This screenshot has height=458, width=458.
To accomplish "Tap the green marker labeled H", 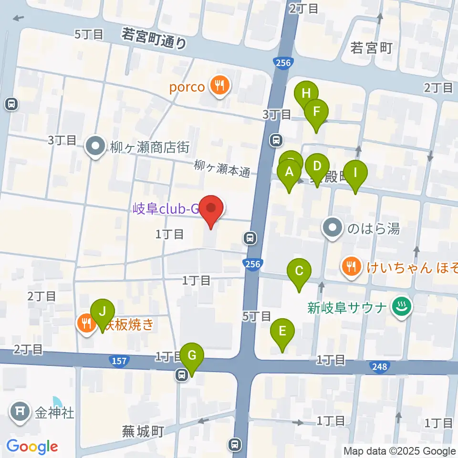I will [306, 94].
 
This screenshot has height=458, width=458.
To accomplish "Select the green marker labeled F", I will [316, 112].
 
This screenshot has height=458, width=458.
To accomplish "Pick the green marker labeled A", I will [289, 172].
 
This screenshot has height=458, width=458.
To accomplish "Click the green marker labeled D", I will [317, 167].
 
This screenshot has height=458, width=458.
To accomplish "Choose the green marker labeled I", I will [355, 173].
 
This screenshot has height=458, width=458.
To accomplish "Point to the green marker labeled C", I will [299, 271].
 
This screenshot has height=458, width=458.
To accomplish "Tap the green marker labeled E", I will [282, 331].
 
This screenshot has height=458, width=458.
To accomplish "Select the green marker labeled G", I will [192, 355].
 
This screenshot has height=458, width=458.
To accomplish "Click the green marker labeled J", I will [103, 312].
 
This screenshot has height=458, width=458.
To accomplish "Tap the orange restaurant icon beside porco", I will [220, 86].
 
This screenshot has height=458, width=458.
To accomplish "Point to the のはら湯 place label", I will [373, 229].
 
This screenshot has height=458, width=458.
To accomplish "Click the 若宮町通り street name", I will [154, 38].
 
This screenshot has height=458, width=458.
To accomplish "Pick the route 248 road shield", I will [380, 366].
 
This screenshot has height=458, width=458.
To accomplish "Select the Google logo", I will [32, 447].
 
